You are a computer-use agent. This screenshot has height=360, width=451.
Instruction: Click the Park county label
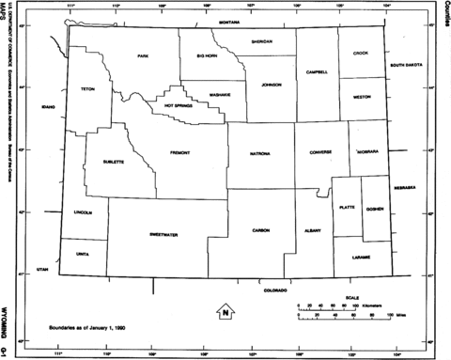[143, 56]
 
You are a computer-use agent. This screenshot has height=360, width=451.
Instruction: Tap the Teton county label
[88, 89]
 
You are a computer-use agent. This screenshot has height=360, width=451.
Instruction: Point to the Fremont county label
[180, 152]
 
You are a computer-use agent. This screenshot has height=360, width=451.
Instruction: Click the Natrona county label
[260, 152]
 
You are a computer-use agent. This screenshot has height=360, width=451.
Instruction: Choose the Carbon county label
[262, 229]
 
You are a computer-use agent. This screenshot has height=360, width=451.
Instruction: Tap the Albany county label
[312, 229]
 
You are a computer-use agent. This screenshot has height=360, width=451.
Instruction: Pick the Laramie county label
[362, 256]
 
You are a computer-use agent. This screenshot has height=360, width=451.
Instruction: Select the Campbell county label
[318, 71]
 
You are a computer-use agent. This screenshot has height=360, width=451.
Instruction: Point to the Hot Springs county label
[178, 105]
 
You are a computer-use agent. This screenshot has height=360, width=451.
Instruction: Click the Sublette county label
[115, 162]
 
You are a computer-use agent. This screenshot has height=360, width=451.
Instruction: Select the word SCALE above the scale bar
[351, 297]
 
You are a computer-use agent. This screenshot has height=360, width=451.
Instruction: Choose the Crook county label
[361, 54]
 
